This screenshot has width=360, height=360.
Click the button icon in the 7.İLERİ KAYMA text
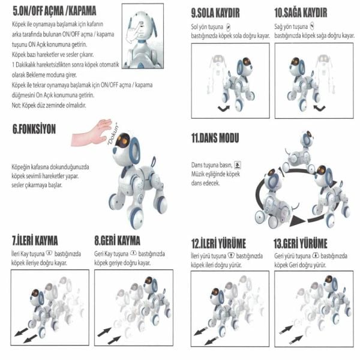49,254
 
